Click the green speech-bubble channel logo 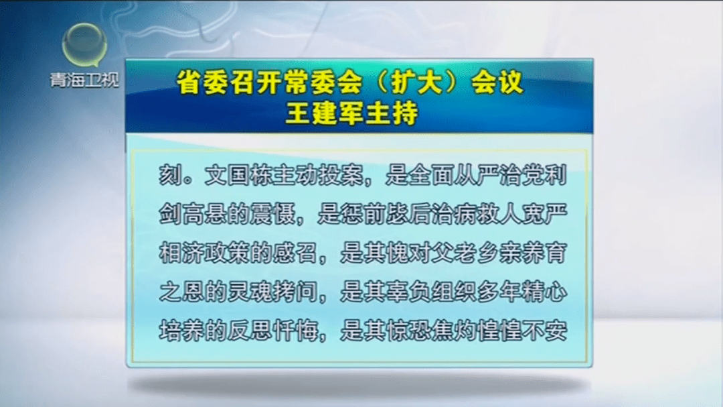(85, 46)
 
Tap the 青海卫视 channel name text (85, 80)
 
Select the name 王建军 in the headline (319, 113)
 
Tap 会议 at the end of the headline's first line (497, 82)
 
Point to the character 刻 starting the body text (170, 176)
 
